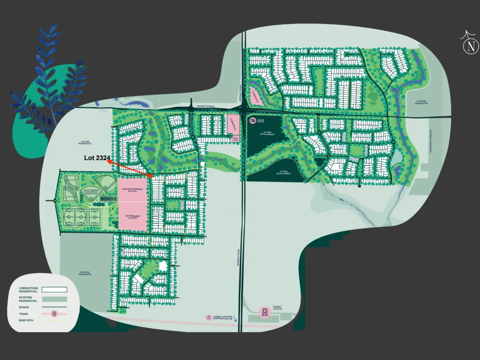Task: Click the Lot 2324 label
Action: coord(97,158)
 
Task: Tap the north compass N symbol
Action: coord(471,46)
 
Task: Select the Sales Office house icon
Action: coord(253,120)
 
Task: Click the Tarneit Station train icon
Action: coord(265,312)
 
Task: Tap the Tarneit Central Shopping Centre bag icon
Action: coord(209,317)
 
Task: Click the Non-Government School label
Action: coord(132,190)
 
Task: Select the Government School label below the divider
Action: coord(133,217)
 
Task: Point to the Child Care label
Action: coord(235,139)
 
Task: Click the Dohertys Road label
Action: coord(205,106)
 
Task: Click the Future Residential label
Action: coord(85,143)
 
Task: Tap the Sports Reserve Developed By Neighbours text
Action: coord(91,192)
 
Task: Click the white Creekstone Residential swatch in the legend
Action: coord(54,290)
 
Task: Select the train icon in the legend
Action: coord(55,314)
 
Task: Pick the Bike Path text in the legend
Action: coord(26,320)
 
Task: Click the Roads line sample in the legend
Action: coord(54,307)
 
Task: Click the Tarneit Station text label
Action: coord(277,308)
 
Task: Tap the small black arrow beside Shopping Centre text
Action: coord(235,319)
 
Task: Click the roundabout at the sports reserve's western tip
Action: coord(55,200)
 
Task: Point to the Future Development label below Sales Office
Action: coord(267,133)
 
